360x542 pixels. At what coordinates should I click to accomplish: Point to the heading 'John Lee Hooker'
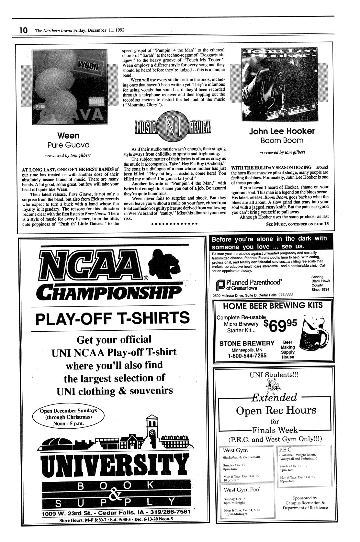282,131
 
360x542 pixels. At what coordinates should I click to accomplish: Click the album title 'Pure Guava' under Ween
68,144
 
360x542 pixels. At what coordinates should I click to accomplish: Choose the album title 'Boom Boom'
282,140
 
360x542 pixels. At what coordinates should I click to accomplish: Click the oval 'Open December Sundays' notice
68,416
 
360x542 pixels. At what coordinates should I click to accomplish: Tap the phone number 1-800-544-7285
247,356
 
